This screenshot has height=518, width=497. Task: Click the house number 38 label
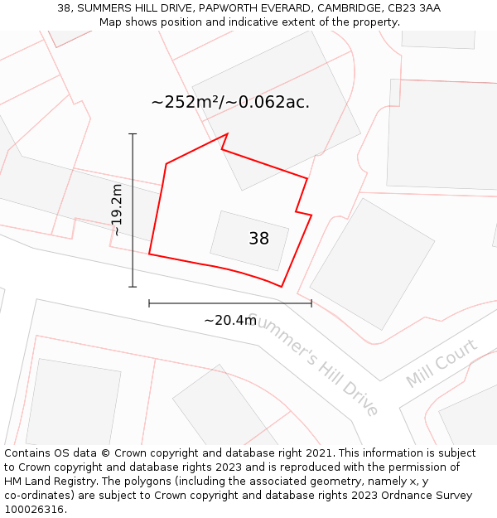pyautogui.click(x=258, y=239)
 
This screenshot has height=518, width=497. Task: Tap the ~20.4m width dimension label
pyautogui.click(x=230, y=320)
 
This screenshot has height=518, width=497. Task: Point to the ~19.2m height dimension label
pyautogui.click(x=117, y=210)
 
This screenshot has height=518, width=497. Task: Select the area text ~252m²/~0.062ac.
pyautogui.click(x=230, y=102)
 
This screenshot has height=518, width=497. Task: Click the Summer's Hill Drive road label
pyautogui.click(x=313, y=366)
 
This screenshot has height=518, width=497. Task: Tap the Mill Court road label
pyautogui.click(x=442, y=363)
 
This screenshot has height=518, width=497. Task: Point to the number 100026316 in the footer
pyautogui.click(x=32, y=510)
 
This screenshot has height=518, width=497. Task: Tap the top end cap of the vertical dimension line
pyautogui.click(x=133, y=133)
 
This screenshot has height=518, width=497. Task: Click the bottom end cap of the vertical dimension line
pyautogui.click(x=133, y=287)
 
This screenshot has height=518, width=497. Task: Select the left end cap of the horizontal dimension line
pyautogui.click(x=149, y=303)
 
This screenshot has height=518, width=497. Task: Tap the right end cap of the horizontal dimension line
pyautogui.click(x=311, y=303)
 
